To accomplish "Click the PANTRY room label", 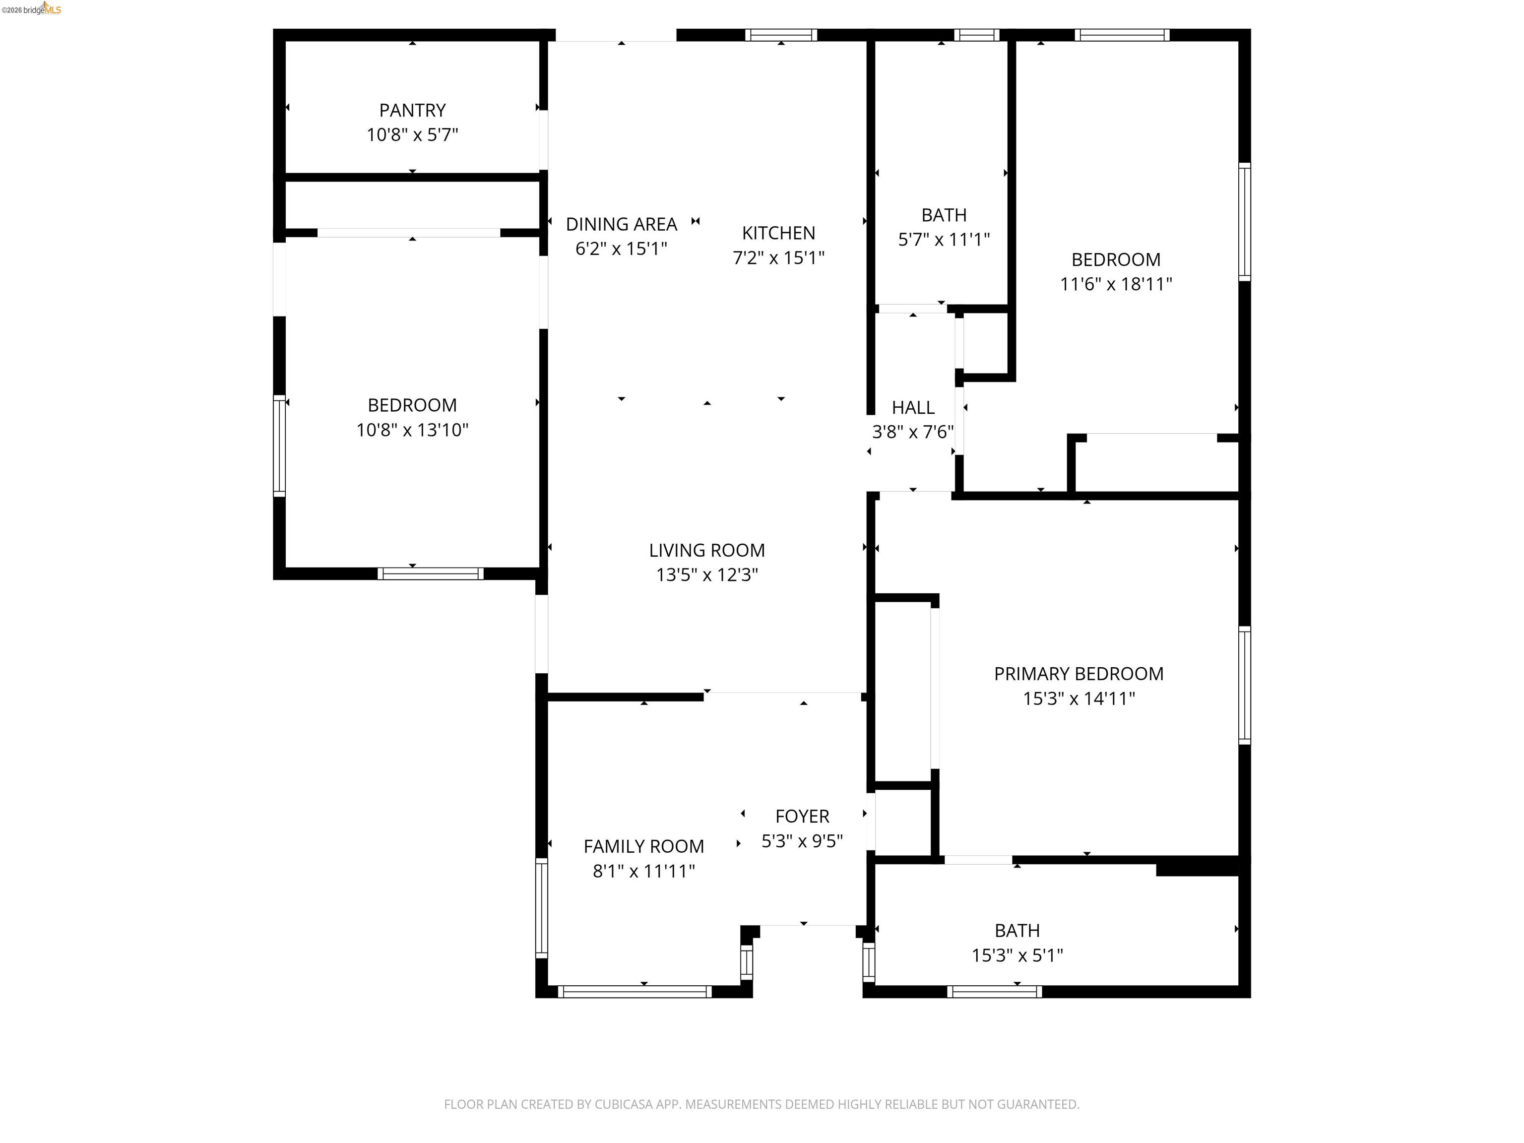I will [412, 110].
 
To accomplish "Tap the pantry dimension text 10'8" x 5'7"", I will [412, 135].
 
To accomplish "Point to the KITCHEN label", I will [778, 233].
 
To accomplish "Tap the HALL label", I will [912, 407].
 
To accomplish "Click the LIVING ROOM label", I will [706, 550].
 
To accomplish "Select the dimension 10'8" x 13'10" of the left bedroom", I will [412, 430].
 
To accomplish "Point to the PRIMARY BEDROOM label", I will [1078, 674].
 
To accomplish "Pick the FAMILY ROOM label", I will [643, 846].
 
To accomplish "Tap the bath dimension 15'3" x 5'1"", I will [1017, 955].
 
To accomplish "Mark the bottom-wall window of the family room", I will [635, 991].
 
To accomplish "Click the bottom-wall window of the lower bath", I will [994, 991].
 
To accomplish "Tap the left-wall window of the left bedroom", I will [279, 446].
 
